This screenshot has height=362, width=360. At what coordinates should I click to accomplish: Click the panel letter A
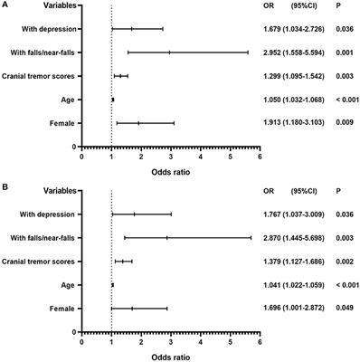click(x=5, y=5)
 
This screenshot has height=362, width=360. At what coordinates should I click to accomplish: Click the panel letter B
click(x=5, y=190)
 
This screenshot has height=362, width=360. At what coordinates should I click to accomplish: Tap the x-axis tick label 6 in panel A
click(x=259, y=156)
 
